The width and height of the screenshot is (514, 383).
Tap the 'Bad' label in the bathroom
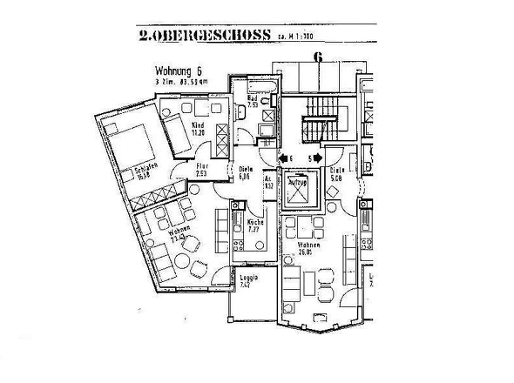pos(252,99)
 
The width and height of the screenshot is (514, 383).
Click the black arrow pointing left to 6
pos(282,158)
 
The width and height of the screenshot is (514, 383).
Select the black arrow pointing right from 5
pos(320,158)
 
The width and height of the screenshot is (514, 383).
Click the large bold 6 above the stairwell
pos(319,58)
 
